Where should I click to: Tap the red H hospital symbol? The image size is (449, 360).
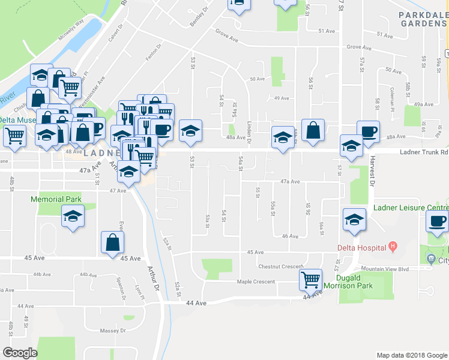click(393, 245)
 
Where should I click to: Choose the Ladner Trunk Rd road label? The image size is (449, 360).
click(424, 152)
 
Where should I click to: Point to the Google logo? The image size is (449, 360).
click(20, 353)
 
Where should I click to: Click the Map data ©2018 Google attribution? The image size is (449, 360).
click(411, 355)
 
